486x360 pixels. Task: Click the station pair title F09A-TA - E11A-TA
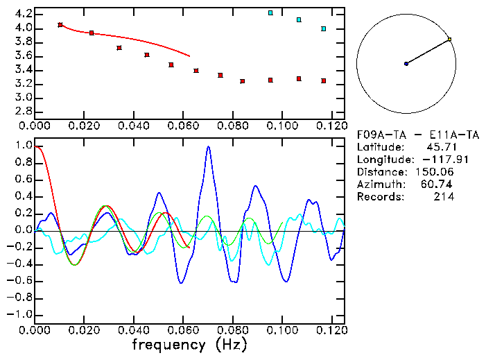408,135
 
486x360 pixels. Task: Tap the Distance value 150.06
434,172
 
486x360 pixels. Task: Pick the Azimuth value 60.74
438,185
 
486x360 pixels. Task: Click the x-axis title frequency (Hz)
189,344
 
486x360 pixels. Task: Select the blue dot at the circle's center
406,64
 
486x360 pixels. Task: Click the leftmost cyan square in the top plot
270,12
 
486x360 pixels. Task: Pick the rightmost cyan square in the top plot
324,28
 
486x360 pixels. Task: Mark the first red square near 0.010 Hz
60,25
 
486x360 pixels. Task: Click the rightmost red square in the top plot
324,80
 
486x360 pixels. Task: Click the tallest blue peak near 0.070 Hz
208,147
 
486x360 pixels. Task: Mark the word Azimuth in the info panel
379,185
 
